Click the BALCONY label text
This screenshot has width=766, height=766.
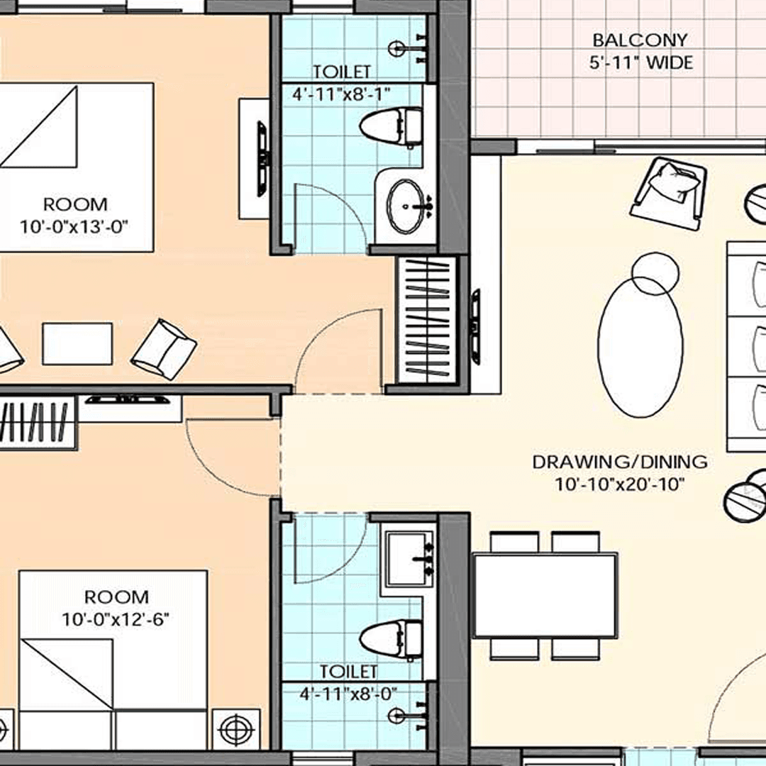click(640, 40)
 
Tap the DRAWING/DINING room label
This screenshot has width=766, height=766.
click(620, 462)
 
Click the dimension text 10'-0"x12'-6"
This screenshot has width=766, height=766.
click(116, 619)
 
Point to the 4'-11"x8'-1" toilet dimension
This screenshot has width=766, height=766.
click(342, 93)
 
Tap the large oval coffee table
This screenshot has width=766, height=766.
click(640, 345)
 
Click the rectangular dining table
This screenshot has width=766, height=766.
click(545, 596)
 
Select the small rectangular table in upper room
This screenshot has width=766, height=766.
click(77, 344)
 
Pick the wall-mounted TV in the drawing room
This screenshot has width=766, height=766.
click(474, 326)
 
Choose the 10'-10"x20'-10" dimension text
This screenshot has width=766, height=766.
click(620, 485)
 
